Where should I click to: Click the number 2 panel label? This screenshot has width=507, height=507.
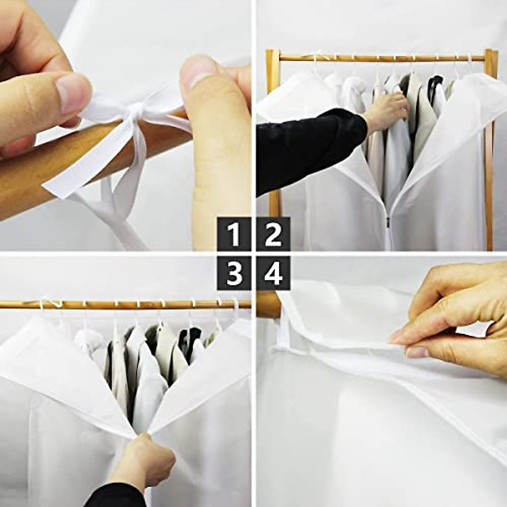click(273, 234)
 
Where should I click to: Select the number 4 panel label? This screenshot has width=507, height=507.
click(273, 273)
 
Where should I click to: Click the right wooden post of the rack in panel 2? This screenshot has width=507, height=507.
click(489, 148)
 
